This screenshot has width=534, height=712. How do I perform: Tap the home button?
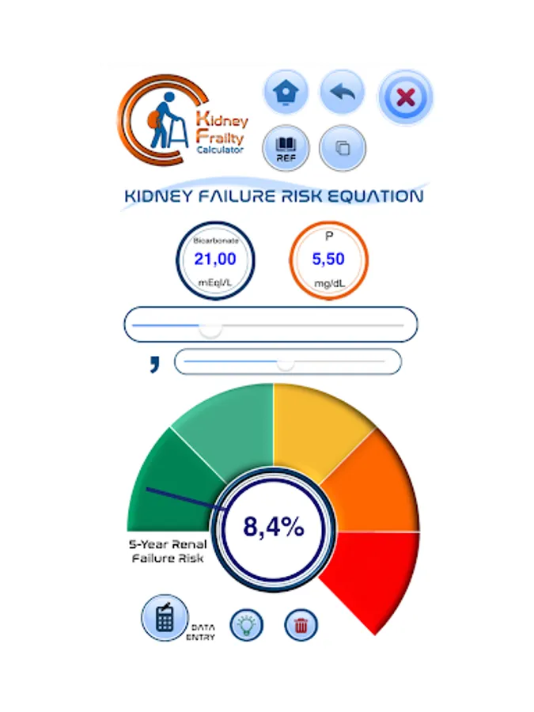coord(285,93)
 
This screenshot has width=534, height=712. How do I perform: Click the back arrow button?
coord(342,93)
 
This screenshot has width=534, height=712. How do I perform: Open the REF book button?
coord(285,148)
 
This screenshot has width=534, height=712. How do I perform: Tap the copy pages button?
coord(343,148)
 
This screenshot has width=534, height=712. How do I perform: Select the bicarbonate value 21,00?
coord(214,259)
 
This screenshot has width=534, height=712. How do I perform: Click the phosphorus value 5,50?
coord(328,259)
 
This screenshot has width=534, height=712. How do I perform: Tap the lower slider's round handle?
coord(286,362)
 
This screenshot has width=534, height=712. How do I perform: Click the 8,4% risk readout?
coord(273,527)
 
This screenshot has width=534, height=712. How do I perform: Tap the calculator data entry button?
coord(164,618)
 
